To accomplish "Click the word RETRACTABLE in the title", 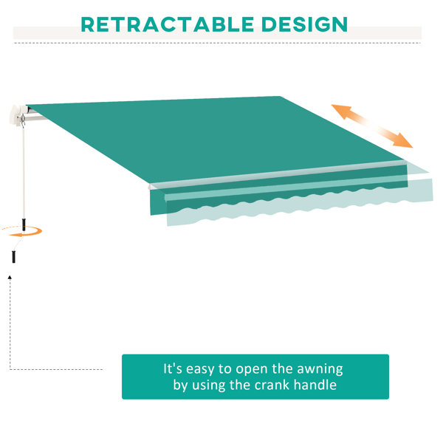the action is coord(168,24).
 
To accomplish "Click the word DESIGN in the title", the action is coord(304,24).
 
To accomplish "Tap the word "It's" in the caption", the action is coord(173,368).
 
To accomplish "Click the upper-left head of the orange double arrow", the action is coord(341,110).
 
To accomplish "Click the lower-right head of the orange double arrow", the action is coord(402,140).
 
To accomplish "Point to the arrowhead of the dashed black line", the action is coord(10,278).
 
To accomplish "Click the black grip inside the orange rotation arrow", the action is coord(24,224).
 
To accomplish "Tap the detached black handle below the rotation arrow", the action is coord(13,257).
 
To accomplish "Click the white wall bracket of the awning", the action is coord(16,115).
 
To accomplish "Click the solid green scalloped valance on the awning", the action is coord(278,190).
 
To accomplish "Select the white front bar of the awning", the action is coord(277,174).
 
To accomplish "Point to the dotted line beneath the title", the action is coord(217,43).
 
